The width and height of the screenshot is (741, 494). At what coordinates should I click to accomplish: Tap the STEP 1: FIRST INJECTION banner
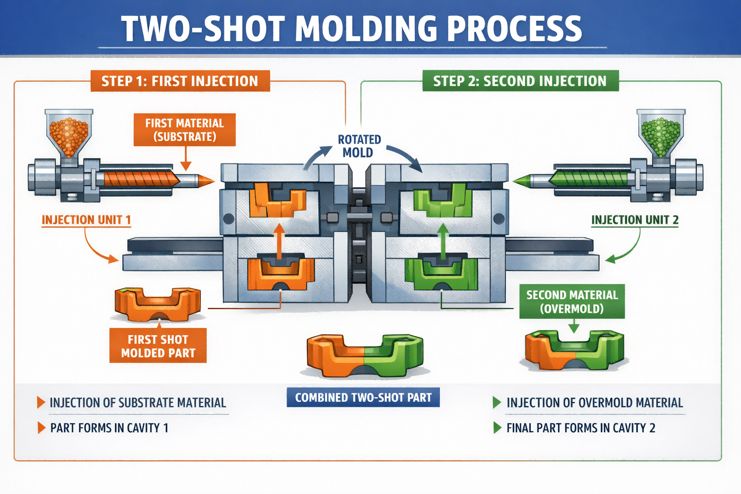click(180, 81)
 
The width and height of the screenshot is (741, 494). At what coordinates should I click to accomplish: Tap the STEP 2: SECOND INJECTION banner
click(520, 81)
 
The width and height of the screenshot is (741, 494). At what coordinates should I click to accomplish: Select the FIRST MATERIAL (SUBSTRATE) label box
click(185, 130)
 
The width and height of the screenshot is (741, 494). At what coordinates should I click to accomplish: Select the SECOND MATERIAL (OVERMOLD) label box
click(572, 302)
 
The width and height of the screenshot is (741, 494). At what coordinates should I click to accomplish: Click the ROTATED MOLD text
click(359, 146)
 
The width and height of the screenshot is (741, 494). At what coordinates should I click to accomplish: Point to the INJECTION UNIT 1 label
click(86, 220)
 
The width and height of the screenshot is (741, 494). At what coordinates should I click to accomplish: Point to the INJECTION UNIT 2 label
click(635, 220)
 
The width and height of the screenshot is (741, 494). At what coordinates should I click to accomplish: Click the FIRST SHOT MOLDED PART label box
click(158, 346)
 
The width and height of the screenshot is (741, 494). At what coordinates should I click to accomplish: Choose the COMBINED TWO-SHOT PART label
click(363, 398)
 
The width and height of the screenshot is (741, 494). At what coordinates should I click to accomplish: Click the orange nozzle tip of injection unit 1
click(206, 181)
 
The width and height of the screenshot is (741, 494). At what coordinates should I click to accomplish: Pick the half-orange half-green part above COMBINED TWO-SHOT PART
click(365, 355)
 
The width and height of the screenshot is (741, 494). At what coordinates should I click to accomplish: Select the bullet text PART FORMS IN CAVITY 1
click(110, 428)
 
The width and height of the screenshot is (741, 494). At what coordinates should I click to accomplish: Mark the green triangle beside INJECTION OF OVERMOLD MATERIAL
click(497, 402)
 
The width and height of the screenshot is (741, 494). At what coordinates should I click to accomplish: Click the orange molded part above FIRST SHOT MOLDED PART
click(157, 303)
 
